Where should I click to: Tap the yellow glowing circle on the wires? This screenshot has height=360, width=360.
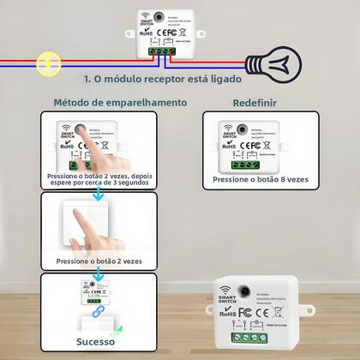click(48, 62)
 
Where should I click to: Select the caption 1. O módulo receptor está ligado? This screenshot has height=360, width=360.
click(162, 79)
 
